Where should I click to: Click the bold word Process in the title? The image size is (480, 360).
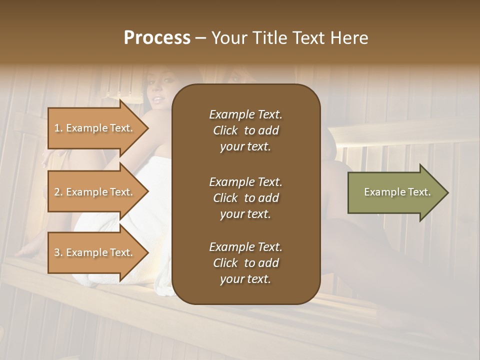(x=157, y=38)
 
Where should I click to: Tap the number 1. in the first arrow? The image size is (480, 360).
(x=58, y=128)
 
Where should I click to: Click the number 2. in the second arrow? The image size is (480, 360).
(x=58, y=192)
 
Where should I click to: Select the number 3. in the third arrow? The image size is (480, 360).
(x=58, y=252)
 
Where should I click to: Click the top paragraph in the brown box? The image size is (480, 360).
(x=245, y=130)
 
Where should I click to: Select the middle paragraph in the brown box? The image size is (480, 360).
(x=245, y=198)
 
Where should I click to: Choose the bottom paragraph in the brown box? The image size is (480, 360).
(x=245, y=263)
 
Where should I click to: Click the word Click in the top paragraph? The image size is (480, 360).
(x=225, y=130)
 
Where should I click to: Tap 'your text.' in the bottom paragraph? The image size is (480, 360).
(x=245, y=279)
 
